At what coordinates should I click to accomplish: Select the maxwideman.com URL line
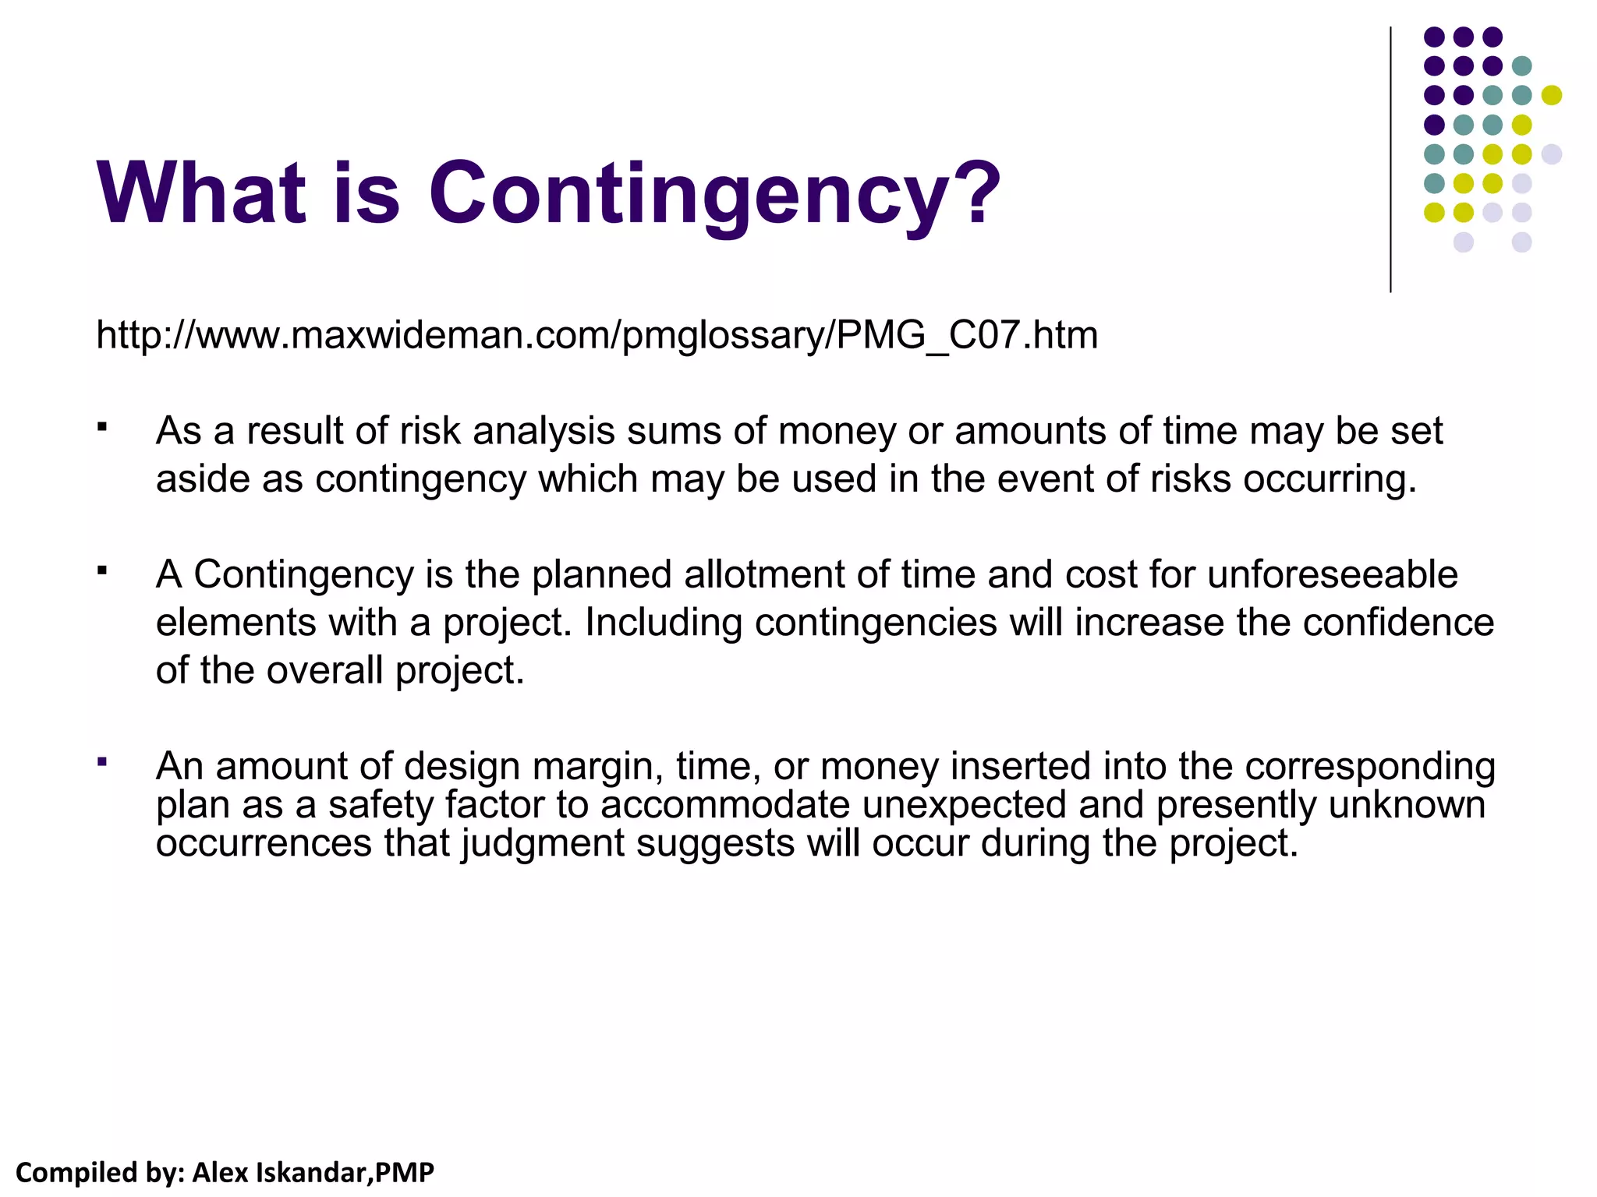(597, 335)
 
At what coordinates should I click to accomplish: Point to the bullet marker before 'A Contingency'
(101, 570)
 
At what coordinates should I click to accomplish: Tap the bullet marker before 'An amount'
(101, 761)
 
